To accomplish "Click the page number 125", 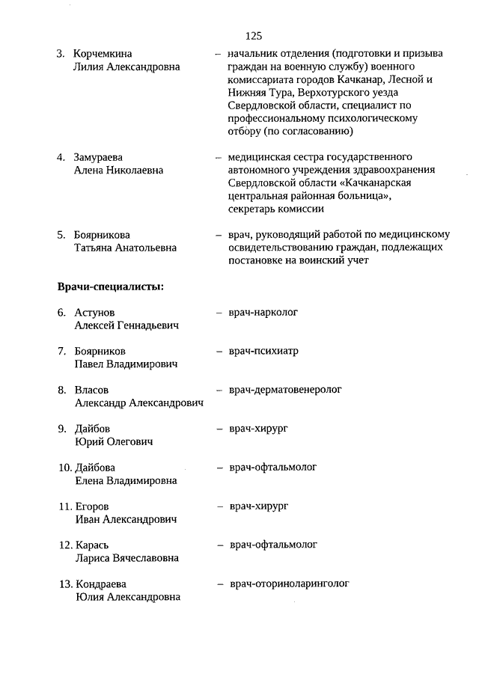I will click(253, 36).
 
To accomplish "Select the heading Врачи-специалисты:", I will click(110, 286).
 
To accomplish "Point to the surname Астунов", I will click(95, 313).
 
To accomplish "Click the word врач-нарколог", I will click(263, 312).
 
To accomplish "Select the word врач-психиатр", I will click(263, 351).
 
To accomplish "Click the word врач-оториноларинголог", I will click(289, 583).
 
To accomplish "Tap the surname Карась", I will click(94, 545).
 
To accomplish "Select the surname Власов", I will click(92, 390).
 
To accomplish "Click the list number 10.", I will click(64, 468).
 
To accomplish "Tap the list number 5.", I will click(61, 235).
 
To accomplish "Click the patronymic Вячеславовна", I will click(147, 558).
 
